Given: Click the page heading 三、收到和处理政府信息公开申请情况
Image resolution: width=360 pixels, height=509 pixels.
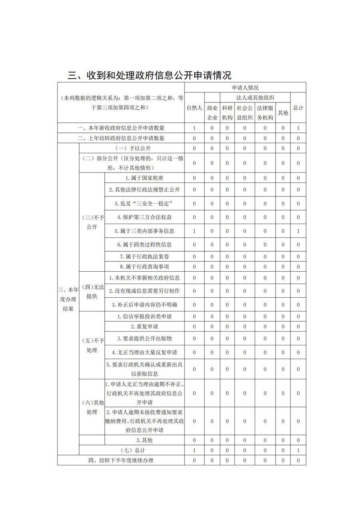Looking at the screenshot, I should (150, 75).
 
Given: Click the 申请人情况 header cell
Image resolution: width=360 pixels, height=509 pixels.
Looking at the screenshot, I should (245, 87).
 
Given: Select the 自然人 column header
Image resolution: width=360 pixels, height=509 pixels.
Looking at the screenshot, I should (194, 108).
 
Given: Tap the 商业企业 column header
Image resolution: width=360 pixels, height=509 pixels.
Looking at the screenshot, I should (212, 112).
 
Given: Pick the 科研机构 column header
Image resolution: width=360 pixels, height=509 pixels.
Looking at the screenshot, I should (227, 112).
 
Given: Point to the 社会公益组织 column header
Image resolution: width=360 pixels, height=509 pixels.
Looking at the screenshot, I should (245, 112).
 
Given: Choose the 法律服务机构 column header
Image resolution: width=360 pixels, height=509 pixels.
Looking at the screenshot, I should (265, 112).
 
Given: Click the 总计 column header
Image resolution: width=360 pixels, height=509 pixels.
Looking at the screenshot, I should (298, 108).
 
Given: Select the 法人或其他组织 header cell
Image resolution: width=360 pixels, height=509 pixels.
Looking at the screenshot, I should (255, 97).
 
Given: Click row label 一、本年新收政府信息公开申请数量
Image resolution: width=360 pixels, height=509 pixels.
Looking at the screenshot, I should (121, 128).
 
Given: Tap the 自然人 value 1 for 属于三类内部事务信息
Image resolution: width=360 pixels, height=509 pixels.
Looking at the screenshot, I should (194, 231).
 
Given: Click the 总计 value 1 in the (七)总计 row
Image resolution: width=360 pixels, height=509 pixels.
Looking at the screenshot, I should (298, 451).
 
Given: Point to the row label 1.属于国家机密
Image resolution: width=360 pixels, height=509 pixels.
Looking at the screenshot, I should (144, 178).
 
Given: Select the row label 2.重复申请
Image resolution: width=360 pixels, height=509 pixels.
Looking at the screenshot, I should (144, 327).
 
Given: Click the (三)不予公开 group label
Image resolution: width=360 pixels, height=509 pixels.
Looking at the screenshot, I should (92, 222).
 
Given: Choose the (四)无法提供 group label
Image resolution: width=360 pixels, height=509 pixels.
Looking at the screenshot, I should (92, 291).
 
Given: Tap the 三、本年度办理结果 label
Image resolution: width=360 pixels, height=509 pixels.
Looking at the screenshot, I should (68, 299).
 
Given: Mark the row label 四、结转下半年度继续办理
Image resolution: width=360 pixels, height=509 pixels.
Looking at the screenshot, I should (121, 461).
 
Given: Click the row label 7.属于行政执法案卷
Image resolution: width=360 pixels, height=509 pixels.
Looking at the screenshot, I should (144, 257).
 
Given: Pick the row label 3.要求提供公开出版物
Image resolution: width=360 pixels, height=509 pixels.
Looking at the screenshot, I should (144, 339).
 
